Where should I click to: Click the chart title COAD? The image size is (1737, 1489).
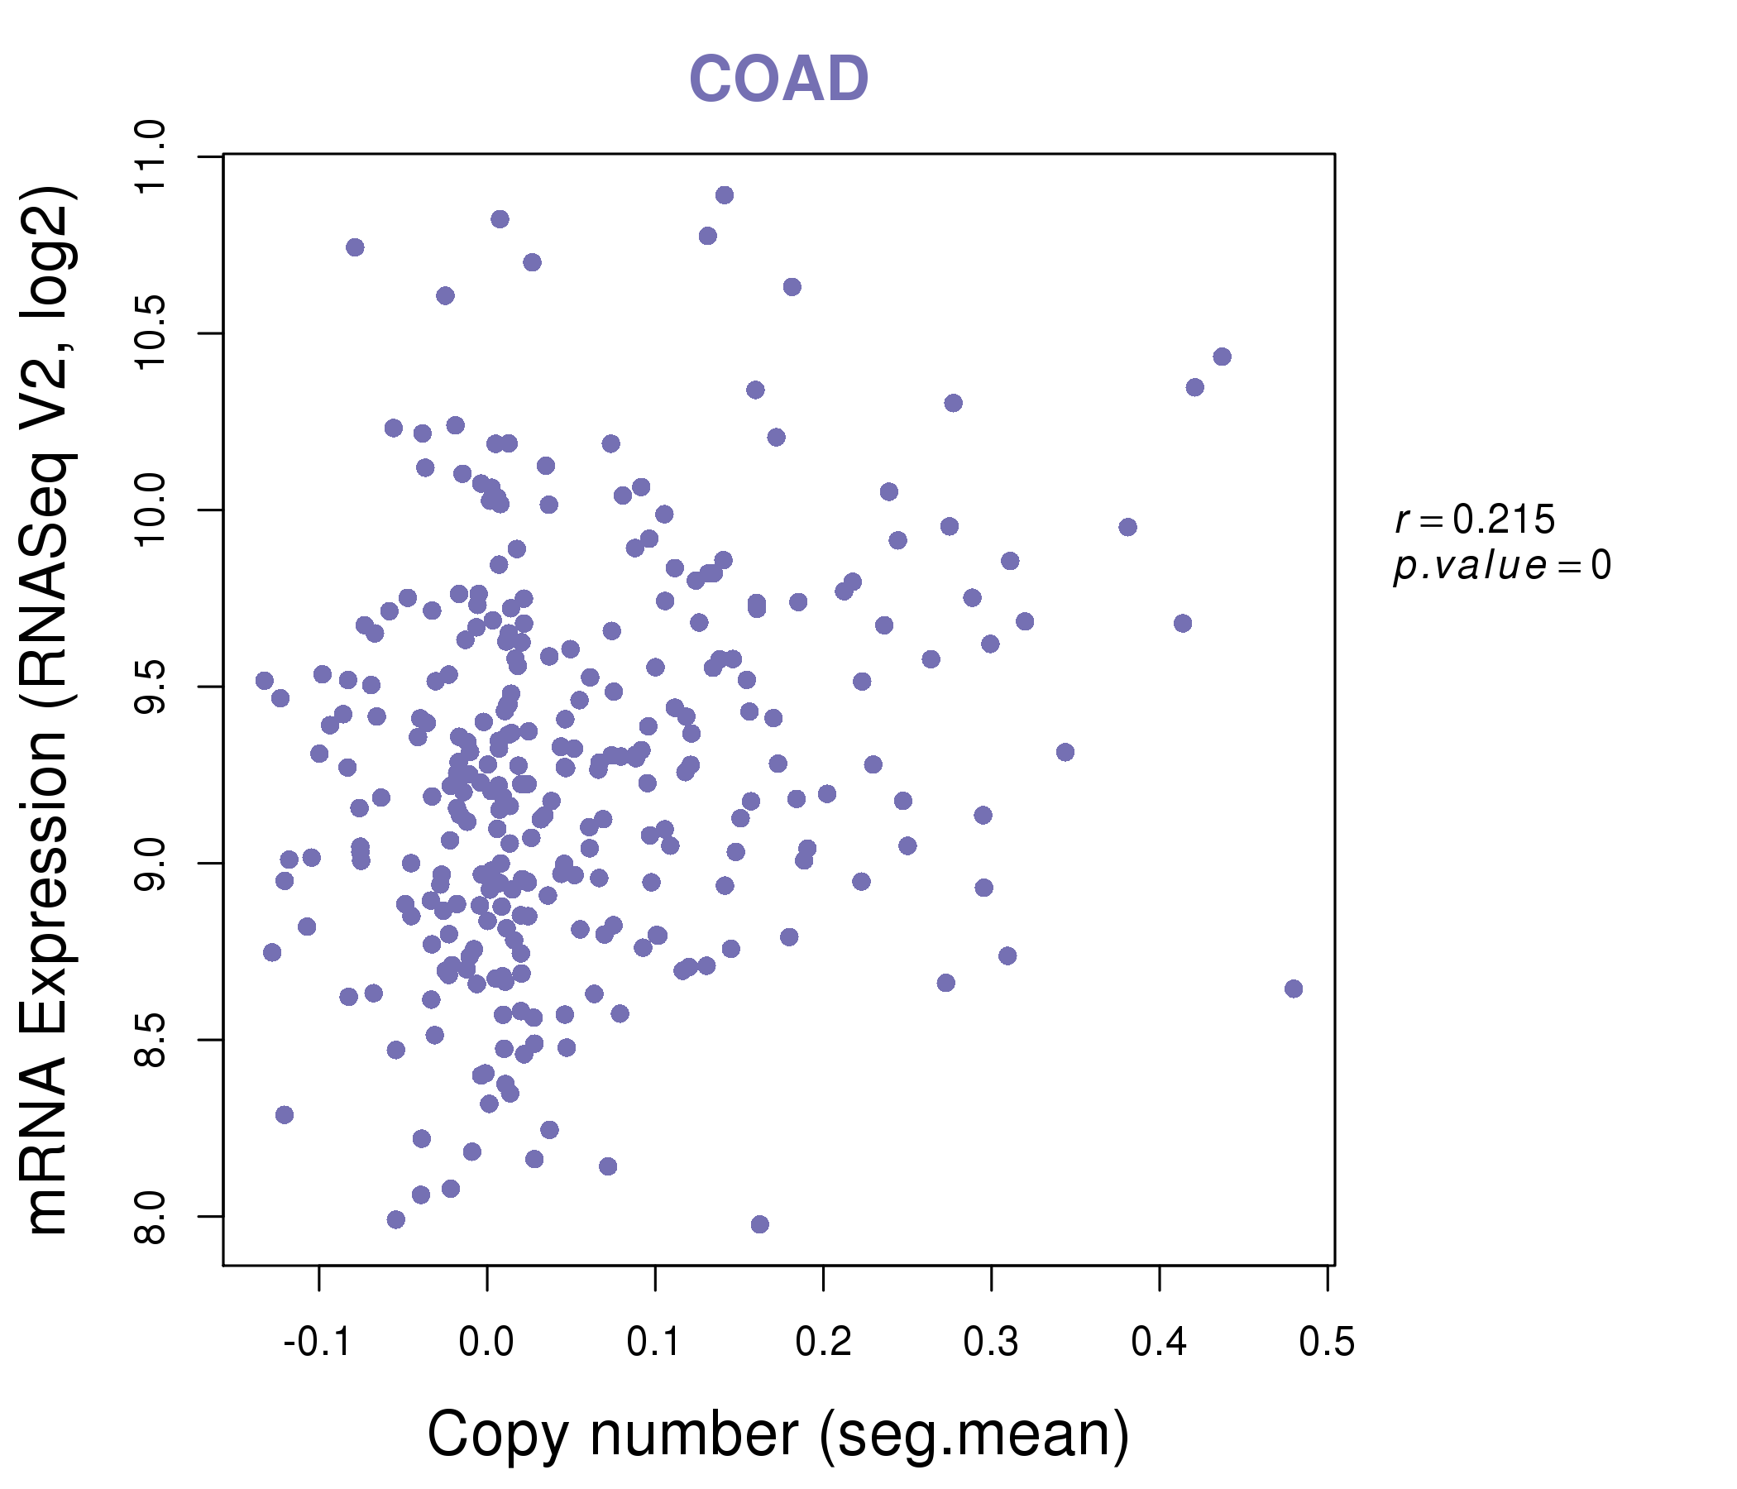(778, 79)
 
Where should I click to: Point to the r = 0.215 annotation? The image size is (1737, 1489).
(1475, 519)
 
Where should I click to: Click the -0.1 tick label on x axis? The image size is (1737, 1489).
(317, 1342)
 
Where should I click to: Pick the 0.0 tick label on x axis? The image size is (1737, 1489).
(486, 1342)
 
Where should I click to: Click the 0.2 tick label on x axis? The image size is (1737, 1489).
(823, 1342)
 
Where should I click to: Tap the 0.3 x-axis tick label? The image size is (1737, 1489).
(991, 1342)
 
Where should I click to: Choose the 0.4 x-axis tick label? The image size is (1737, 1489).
(1160, 1342)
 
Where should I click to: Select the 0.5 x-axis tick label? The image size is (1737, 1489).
(1327, 1342)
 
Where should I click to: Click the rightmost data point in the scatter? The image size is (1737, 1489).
(1294, 989)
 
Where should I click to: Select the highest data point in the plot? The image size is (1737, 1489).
(725, 195)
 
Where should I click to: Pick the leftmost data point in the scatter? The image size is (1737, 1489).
(265, 681)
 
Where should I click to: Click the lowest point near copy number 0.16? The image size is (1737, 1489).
(759, 1224)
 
